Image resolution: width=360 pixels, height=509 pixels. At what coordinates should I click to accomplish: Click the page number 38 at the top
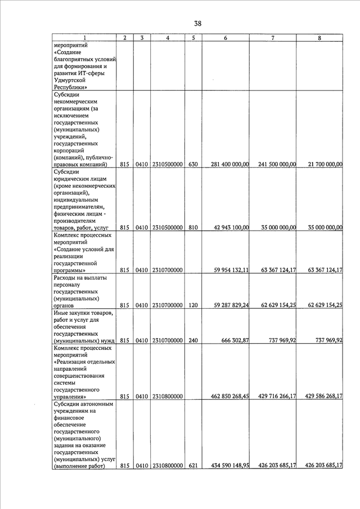197,24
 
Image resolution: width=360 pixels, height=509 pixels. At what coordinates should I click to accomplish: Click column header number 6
225,38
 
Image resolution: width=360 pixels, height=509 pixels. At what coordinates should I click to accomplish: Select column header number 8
319,38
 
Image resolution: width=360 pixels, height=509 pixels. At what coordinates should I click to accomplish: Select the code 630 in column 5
193,164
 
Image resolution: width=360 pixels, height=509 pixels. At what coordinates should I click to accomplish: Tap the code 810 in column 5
193,228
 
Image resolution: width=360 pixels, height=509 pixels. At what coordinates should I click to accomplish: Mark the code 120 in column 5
193,305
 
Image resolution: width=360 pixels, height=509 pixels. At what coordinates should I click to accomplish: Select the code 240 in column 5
193,340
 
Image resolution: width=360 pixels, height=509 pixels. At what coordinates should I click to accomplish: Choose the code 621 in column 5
193,466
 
